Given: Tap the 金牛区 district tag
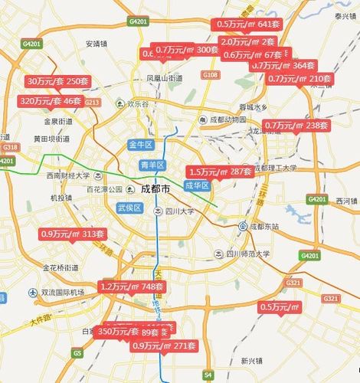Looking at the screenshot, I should point(142,144).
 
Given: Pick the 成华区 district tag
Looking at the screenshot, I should point(197,185).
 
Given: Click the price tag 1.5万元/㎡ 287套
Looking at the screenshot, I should point(220,172).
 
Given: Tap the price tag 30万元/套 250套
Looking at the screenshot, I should point(57,81).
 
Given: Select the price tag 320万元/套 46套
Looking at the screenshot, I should point(51,100).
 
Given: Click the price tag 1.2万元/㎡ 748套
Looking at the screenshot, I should point(132,286).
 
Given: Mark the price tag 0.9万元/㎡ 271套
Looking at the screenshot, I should point(165,346).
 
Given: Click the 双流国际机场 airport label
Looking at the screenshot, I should point(62,293).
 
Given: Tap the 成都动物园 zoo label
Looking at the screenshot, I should point(227,120).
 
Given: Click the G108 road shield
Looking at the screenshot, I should point(211,74).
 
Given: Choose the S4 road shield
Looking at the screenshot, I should point(208,374).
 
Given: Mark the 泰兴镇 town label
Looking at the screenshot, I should point(342,15).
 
